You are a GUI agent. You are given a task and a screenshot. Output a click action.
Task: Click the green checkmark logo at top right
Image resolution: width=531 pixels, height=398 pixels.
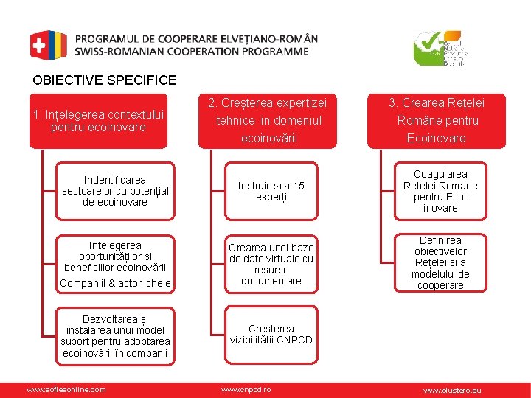tap(440, 49)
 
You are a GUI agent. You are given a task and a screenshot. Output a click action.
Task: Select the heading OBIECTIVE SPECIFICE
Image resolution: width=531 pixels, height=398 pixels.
tap(105, 80)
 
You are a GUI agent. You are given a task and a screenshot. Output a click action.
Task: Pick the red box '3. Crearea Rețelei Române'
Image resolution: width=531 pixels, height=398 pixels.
tap(437, 120)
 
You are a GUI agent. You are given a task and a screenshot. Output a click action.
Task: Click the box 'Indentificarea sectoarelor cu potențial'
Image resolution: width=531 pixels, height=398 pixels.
tap(116, 191)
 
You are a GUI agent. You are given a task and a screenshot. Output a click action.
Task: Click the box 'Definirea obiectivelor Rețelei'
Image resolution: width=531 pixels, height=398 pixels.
tap(440, 263)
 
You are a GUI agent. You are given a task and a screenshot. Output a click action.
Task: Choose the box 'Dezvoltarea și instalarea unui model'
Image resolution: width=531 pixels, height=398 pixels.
tap(116, 336)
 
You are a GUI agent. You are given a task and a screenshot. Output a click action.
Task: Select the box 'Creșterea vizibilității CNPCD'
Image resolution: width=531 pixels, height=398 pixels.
tap(271, 335)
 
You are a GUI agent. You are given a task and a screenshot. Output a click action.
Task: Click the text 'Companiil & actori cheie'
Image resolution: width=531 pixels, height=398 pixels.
tap(115, 283)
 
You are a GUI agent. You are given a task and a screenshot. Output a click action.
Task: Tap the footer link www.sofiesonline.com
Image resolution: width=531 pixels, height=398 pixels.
tap(66, 389)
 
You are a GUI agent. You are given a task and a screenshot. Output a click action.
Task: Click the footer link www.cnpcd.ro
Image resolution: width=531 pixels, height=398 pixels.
tap(246, 389)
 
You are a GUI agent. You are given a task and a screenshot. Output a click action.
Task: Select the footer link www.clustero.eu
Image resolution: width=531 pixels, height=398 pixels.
tap(451, 389)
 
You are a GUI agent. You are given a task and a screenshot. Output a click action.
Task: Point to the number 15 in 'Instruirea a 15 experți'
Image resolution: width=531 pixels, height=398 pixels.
tap(297, 186)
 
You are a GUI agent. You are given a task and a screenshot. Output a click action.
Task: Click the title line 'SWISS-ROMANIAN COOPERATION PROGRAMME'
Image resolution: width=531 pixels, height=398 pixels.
tap(192, 52)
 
